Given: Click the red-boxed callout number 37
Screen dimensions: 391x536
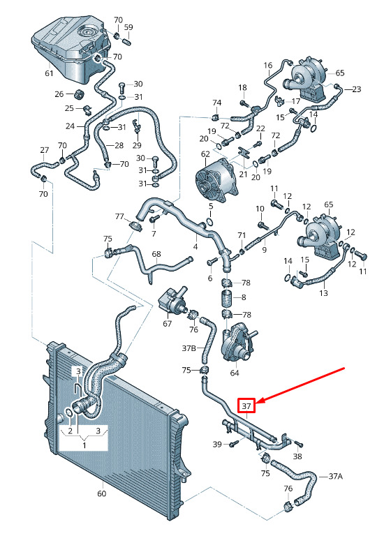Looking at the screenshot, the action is [x=246, y=406].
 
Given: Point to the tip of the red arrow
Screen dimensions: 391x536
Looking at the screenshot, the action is [x=256, y=403].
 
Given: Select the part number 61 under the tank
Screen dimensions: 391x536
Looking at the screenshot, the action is [x=50, y=73].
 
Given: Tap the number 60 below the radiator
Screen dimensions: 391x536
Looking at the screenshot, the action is [x=102, y=493].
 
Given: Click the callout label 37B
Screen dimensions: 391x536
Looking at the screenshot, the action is [x=189, y=348].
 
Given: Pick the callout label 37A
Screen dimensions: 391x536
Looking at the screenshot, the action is [x=335, y=476].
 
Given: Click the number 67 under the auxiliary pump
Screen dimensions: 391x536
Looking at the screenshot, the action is [x=167, y=323].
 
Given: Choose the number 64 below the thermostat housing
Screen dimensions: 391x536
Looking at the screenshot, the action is [x=235, y=372].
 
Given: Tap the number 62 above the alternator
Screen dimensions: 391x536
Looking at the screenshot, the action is [x=205, y=154].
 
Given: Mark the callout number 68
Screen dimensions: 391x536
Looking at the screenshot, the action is [x=156, y=254].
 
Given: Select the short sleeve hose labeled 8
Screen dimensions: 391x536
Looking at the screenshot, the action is [x=226, y=297].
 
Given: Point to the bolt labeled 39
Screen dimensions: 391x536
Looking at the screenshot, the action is [x=235, y=443].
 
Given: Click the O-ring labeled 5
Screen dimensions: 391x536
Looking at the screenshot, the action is [x=210, y=222].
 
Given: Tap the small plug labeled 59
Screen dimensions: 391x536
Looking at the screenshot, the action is [x=126, y=43].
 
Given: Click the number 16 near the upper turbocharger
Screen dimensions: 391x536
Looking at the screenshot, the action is [x=268, y=65].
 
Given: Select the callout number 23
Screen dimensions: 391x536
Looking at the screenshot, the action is [x=357, y=89].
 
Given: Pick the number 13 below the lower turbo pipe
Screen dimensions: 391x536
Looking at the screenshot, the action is [x=323, y=293].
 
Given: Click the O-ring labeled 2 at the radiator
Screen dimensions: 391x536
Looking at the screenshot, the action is [x=68, y=412].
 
